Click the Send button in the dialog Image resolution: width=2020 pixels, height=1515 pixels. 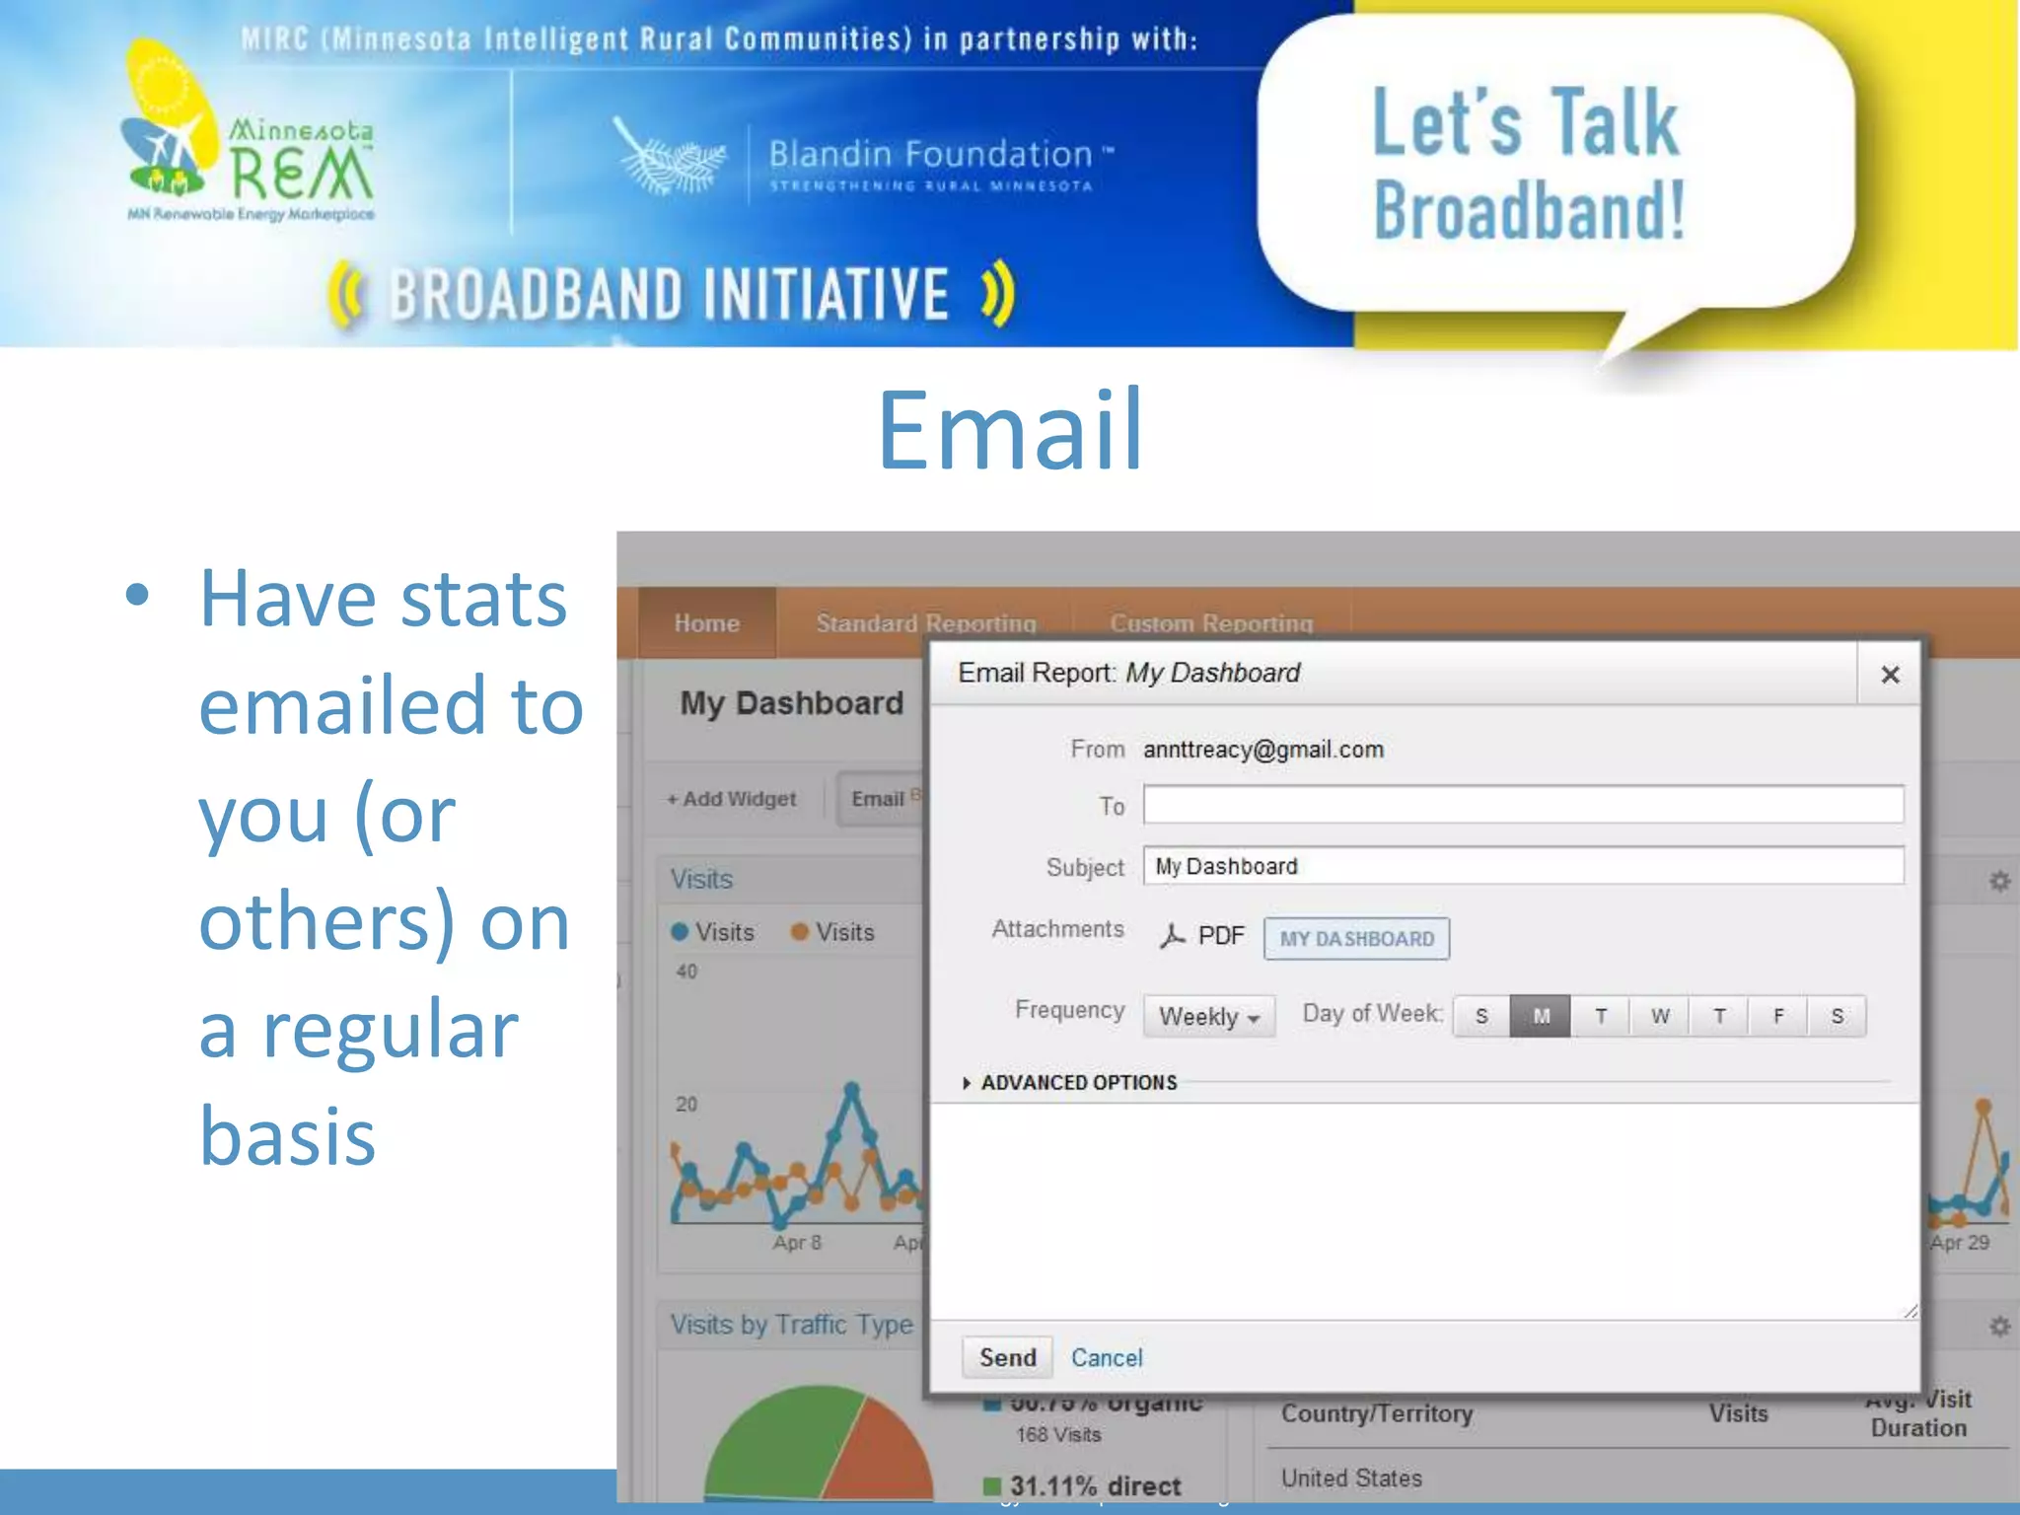[x=1007, y=1357]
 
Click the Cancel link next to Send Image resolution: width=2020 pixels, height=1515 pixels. [x=1107, y=1358]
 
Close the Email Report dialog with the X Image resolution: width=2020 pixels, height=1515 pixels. [x=1890, y=675]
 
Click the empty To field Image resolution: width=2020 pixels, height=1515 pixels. [x=1523, y=805]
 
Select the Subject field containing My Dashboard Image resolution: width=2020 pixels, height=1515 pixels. [x=1523, y=866]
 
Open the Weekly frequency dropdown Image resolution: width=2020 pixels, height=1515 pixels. [x=1209, y=1016]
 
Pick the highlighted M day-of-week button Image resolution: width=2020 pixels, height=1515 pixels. [x=1541, y=1016]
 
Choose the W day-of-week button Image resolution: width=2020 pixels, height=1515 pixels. [x=1660, y=1016]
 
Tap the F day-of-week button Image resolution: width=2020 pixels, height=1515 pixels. [x=1778, y=1016]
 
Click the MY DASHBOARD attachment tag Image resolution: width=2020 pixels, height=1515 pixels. [x=1356, y=939]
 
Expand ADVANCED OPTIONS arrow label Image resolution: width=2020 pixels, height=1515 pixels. [x=1070, y=1083]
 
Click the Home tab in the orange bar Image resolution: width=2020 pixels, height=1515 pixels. [x=706, y=623]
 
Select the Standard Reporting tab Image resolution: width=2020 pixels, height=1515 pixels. [x=925, y=623]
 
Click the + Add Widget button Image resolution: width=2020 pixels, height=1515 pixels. [x=732, y=799]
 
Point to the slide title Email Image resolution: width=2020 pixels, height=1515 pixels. [x=1010, y=431]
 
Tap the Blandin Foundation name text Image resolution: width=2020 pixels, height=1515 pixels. [x=930, y=154]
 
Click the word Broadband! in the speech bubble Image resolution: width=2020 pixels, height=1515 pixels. [x=1529, y=211]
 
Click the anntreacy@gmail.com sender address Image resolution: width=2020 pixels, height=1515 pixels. [x=1262, y=750]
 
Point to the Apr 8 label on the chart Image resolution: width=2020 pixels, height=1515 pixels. [x=797, y=1243]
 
